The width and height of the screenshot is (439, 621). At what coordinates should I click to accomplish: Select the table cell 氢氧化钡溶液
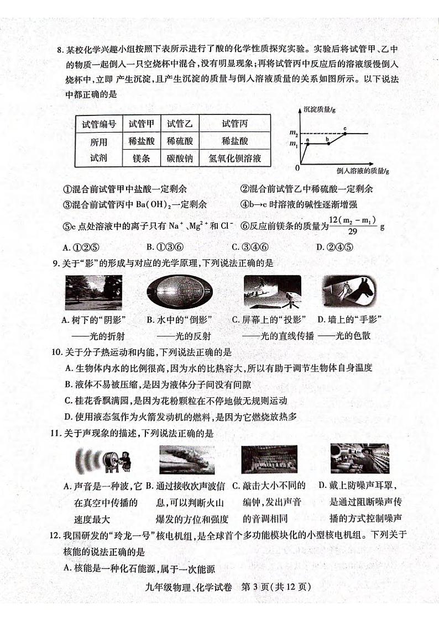point(234,159)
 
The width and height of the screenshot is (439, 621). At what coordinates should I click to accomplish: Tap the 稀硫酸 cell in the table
point(180,141)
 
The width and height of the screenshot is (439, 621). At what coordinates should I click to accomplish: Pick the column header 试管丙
point(234,124)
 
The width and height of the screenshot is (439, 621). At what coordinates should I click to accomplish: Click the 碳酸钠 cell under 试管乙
point(180,159)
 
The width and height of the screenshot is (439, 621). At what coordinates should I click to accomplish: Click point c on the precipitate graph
point(345,130)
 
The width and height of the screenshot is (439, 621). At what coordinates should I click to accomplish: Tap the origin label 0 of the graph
point(297,167)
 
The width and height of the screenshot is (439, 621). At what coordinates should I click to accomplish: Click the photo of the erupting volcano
point(186,459)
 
